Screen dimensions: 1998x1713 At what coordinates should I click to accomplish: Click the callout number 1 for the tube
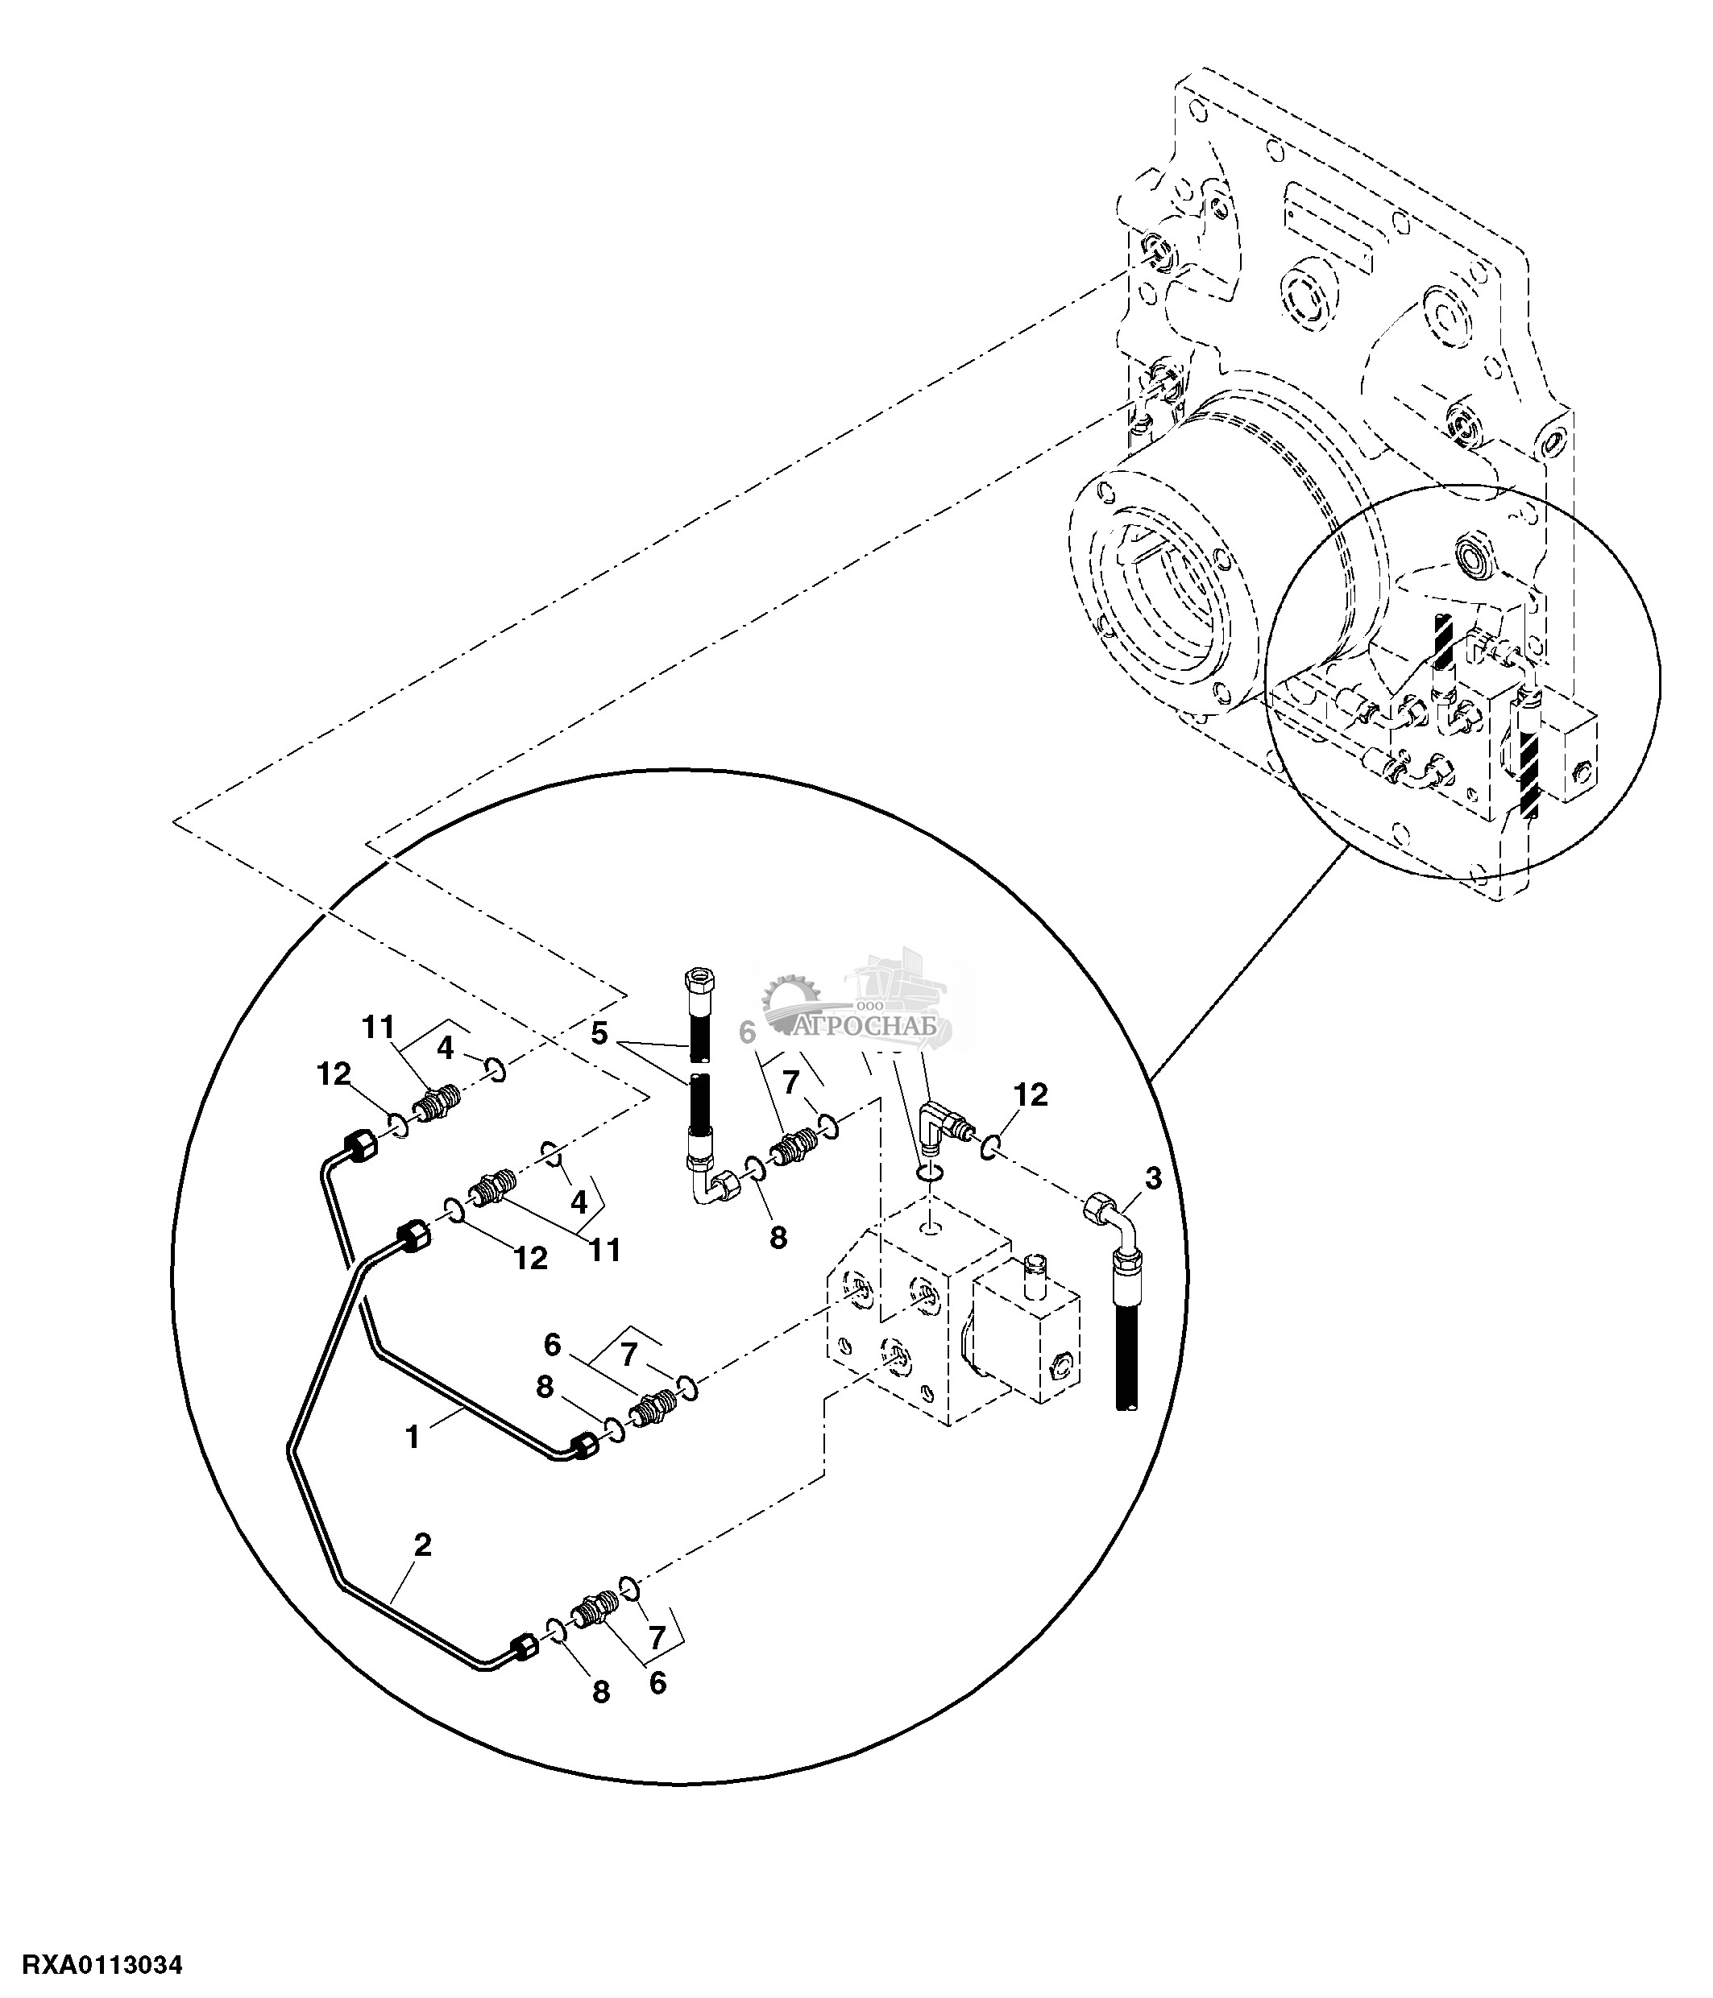tap(413, 1437)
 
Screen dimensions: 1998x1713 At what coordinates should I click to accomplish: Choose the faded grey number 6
tap(747, 1032)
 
